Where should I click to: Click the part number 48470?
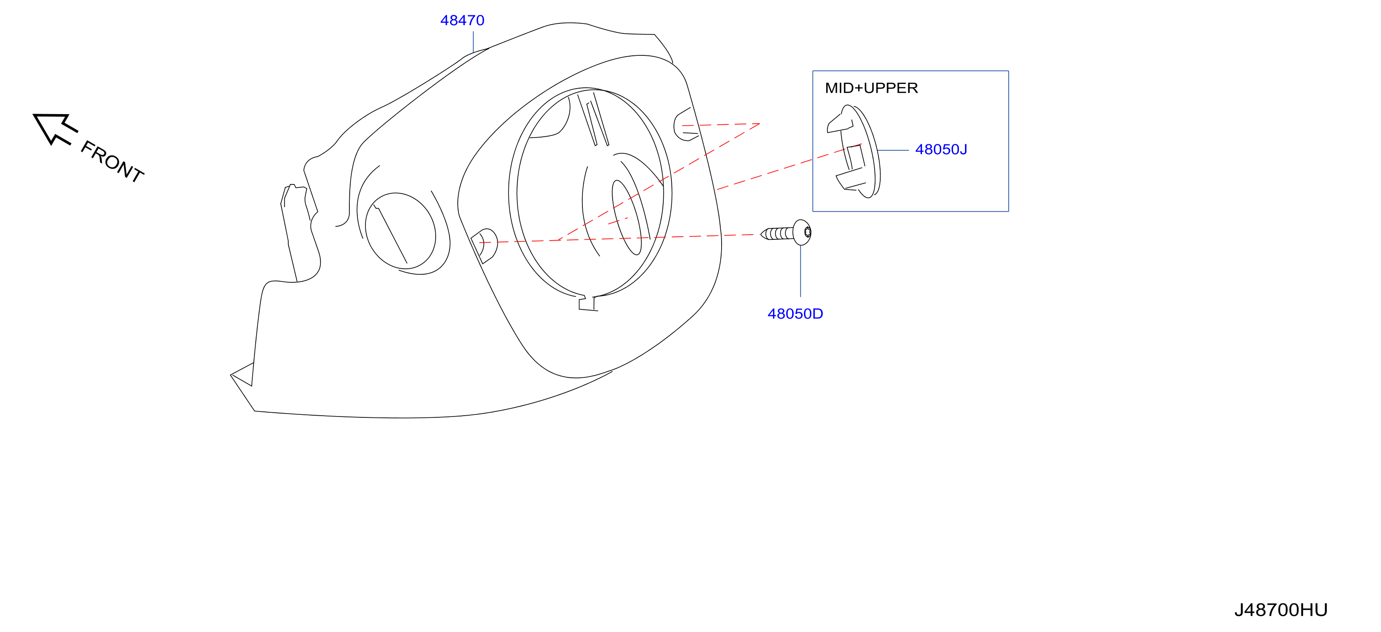[462, 20]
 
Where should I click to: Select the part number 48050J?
[941, 149]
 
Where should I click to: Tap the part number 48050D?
[795, 314]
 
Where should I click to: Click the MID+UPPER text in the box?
[871, 88]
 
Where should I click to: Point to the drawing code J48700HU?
[1281, 610]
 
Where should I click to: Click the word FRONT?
[112, 161]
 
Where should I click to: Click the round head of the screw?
[802, 232]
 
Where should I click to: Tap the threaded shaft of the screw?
[777, 234]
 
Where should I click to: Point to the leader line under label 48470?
[474, 42]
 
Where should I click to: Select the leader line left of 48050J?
[893, 150]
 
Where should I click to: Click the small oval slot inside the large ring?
[627, 217]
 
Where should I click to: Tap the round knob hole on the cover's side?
[400, 231]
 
